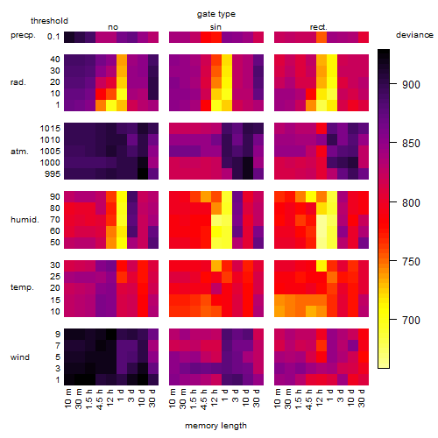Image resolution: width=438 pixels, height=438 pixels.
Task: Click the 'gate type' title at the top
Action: pyautogui.click(x=216, y=14)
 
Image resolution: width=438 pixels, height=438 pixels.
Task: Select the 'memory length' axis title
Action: pyautogui.click(x=215, y=426)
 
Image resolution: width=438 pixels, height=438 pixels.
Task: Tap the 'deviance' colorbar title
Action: pyautogui.click(x=414, y=35)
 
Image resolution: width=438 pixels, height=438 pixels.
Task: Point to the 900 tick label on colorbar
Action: pyautogui.click(x=411, y=85)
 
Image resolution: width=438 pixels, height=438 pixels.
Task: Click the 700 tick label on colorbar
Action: pyautogui.click(x=411, y=321)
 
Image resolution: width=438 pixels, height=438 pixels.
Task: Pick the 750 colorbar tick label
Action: pyautogui.click(x=411, y=261)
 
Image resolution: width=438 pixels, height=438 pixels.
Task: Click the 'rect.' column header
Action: pyautogui.click(x=319, y=27)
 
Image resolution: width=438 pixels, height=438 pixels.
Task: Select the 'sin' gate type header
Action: pyautogui.click(x=215, y=27)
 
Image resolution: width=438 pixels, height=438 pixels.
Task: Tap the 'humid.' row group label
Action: pyautogui.click(x=25, y=220)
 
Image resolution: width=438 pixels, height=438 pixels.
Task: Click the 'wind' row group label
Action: pyautogui.click(x=20, y=357)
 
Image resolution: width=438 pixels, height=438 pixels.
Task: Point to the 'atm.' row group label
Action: pyautogui.click(x=19, y=152)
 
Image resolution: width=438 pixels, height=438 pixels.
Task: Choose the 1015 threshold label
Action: pyautogui.click(x=50, y=129)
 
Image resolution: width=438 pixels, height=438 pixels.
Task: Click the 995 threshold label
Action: pyautogui.click(x=53, y=174)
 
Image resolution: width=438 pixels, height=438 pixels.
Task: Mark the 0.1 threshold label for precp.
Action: pyautogui.click(x=53, y=37)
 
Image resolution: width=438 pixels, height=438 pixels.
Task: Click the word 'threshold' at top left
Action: pyautogui.click(x=49, y=21)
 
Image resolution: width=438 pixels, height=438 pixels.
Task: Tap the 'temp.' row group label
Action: pyautogui.click(x=22, y=287)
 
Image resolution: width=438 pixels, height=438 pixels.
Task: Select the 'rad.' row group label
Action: pyautogui.click(x=18, y=82)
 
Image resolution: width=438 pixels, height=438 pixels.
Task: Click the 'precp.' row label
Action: pyautogui.click(x=23, y=35)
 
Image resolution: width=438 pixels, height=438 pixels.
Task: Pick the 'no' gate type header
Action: pyautogui.click(x=113, y=27)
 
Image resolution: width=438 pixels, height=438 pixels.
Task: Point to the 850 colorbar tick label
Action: pyautogui.click(x=411, y=144)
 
